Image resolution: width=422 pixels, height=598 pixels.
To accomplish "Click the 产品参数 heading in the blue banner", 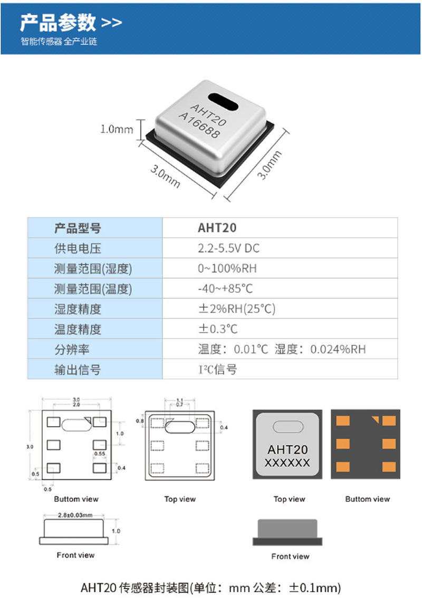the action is coord(58,23).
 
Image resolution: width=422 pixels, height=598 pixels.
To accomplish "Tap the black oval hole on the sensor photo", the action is coord(223,102).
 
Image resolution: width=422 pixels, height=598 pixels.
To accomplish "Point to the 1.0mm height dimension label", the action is coord(117,129).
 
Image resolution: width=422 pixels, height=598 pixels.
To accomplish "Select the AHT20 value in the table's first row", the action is coord(217,228).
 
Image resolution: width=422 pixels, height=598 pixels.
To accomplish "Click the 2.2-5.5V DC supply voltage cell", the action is coord(228,248).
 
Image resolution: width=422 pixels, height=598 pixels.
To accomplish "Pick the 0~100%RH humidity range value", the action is coord(227,268).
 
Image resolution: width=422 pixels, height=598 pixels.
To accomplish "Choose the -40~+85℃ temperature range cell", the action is coord(225,288).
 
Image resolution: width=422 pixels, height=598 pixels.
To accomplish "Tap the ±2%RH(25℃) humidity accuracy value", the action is coord(236,308).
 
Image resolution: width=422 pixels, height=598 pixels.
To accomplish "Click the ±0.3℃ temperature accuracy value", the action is coord(218,329).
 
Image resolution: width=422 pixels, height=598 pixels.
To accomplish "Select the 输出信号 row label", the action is coord(78,370).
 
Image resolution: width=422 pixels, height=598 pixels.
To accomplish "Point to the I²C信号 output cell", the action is coord(217,369).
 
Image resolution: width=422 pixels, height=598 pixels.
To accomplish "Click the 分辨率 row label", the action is coord(72,349).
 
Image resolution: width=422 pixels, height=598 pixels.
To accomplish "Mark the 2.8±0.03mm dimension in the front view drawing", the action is coord(75,515).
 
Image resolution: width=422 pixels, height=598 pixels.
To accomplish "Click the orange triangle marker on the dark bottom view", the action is coord(376,420).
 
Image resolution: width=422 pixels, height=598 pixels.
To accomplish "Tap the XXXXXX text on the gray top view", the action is coord(287,463).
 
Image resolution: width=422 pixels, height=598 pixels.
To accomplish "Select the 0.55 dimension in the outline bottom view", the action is coord(100,454).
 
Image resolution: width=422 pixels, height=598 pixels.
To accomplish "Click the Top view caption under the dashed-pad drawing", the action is coord(180,499).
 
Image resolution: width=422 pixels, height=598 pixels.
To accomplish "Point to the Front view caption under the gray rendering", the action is coord(290,556).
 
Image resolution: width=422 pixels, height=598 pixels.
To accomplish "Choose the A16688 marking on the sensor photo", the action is coord(199,125).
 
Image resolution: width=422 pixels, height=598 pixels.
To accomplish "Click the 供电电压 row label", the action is coord(78,249).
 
